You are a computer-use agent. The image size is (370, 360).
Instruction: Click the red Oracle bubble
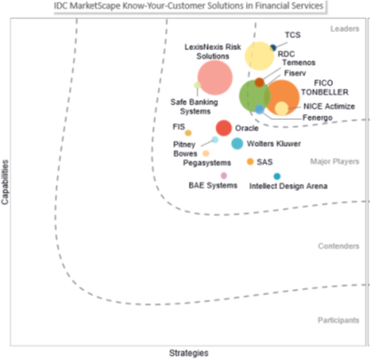click(223, 128)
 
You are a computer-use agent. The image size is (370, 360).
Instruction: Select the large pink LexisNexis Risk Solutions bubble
click(215, 78)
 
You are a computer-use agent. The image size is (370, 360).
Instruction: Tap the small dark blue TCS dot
click(273, 47)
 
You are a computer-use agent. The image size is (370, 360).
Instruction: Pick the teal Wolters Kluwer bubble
click(237, 143)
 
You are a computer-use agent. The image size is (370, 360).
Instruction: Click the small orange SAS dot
click(250, 161)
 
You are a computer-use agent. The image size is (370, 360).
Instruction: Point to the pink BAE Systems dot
click(223, 175)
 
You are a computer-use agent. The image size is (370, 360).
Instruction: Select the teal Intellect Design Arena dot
click(277, 176)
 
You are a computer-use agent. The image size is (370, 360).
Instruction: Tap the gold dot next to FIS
click(188, 133)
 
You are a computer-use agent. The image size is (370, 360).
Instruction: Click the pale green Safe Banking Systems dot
click(198, 85)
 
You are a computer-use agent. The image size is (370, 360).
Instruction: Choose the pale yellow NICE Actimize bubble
click(281, 108)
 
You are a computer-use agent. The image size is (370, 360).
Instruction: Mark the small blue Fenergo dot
click(260, 110)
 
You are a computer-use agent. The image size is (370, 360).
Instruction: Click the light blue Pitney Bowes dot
click(215, 140)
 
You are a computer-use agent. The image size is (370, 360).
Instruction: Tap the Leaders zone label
click(345, 28)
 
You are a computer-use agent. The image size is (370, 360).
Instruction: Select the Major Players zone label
click(335, 161)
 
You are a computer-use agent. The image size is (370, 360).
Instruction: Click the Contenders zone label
click(338, 246)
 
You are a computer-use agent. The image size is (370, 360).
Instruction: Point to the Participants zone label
click(338, 320)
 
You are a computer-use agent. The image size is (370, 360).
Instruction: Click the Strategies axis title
click(189, 353)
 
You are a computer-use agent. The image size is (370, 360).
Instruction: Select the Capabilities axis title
click(5, 182)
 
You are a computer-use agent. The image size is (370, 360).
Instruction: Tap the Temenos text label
click(298, 62)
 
